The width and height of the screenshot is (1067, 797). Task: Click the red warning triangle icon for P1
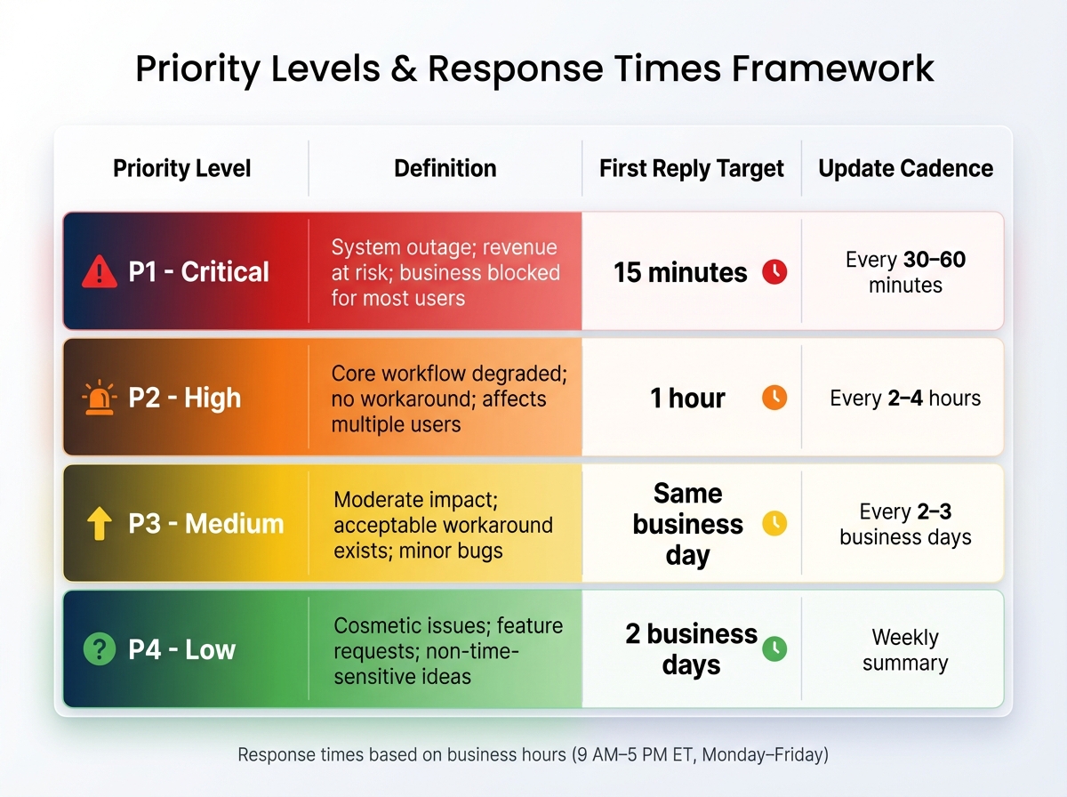click(x=100, y=272)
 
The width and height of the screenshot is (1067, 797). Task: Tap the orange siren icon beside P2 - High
click(x=100, y=398)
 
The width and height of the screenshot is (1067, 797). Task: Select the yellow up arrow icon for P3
click(x=100, y=524)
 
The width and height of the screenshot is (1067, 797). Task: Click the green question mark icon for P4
click(x=100, y=650)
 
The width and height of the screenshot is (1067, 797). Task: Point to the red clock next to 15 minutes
click(x=774, y=272)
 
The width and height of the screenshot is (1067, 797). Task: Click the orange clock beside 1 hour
click(x=774, y=398)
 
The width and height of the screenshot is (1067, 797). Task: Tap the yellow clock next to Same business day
click(x=774, y=524)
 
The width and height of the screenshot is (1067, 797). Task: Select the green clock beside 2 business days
click(x=774, y=649)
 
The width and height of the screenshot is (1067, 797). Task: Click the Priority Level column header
click(x=182, y=168)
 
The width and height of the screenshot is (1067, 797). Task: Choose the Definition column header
click(x=445, y=168)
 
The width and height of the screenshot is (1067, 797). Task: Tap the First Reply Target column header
click(x=692, y=168)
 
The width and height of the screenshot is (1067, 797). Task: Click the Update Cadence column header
click(x=905, y=168)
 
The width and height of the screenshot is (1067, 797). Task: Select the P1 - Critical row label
click(x=198, y=272)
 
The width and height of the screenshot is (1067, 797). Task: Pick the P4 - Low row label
click(x=182, y=650)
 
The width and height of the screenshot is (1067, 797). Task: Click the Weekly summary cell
click(x=905, y=650)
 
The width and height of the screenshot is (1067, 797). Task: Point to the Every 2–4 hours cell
click(x=905, y=398)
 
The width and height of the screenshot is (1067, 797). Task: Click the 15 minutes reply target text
click(x=680, y=272)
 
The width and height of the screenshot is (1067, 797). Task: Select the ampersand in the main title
click(x=405, y=69)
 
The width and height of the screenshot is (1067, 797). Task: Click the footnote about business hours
click(x=533, y=755)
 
